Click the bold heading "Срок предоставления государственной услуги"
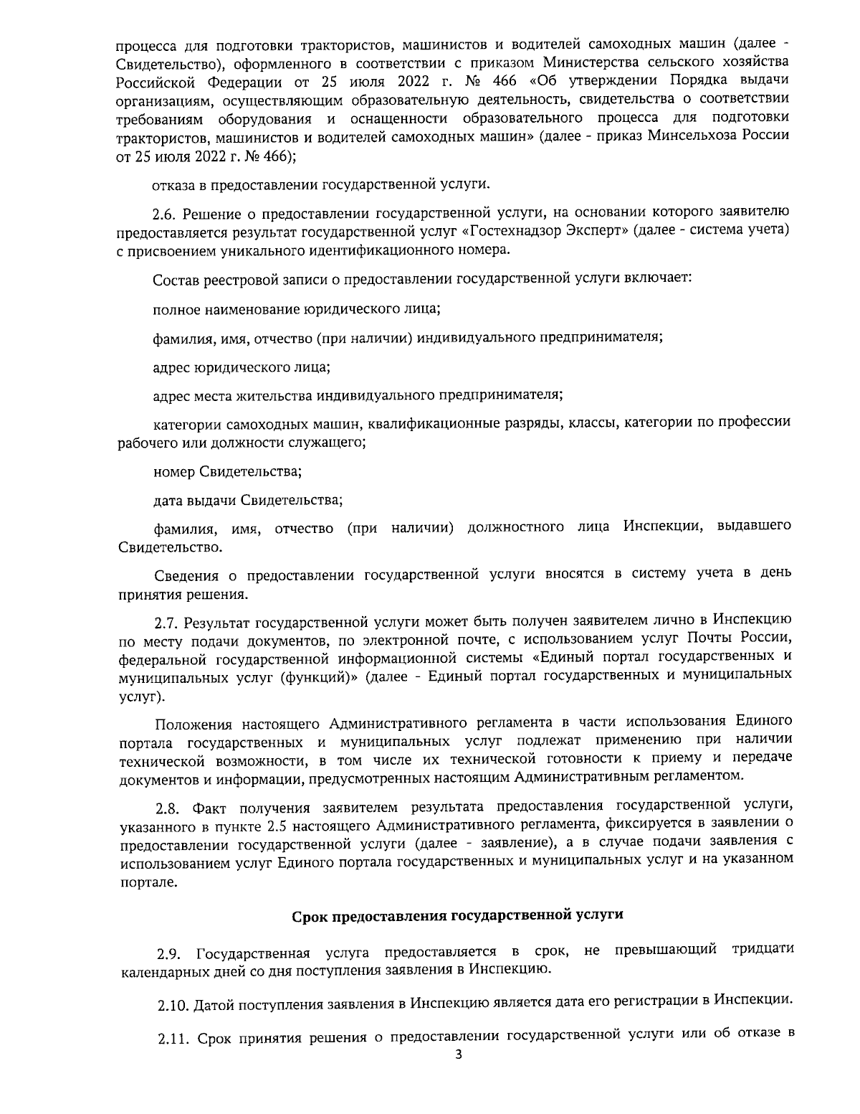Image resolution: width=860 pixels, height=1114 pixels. tap(458, 915)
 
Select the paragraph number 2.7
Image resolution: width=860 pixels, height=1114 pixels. tap(168, 621)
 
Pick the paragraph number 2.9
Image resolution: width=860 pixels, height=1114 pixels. tap(171, 953)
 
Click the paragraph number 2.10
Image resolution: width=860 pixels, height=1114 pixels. tap(173, 1000)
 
